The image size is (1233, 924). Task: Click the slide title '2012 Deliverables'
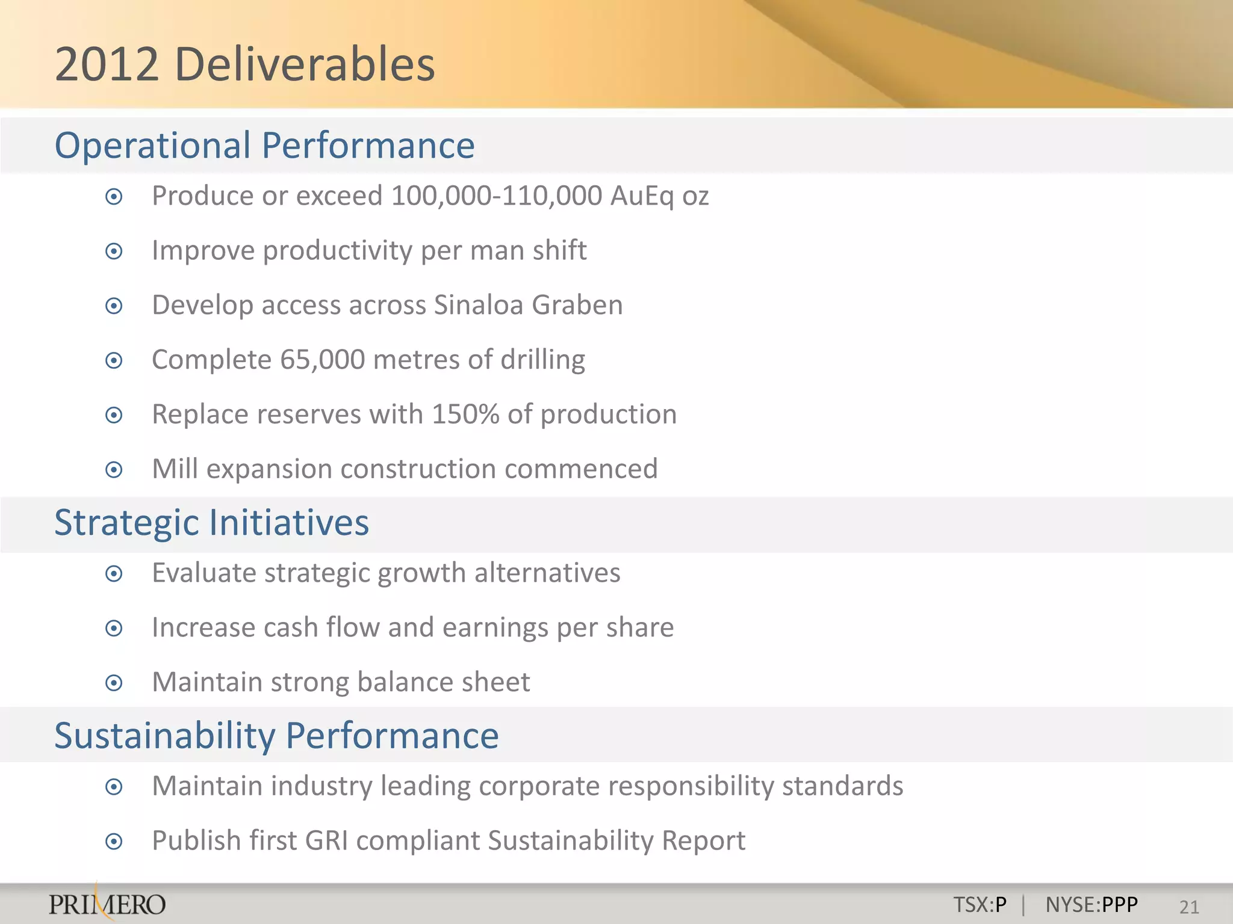tap(244, 64)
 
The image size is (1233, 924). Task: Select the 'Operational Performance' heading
tap(264, 146)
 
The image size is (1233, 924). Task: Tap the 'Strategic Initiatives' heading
tap(211, 522)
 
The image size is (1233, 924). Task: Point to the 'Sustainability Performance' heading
tap(276, 735)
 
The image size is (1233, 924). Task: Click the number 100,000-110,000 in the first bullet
tap(497, 196)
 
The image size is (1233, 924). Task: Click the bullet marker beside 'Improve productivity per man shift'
tap(114, 251)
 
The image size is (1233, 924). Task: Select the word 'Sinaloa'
tap(478, 305)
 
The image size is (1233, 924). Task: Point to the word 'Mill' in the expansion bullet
tap(175, 469)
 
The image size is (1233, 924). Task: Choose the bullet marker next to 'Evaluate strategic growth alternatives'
tap(114, 574)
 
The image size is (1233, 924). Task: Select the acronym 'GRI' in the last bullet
tap(327, 841)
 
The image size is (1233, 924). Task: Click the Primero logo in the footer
tap(107, 904)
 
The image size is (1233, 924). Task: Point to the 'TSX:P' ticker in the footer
tap(980, 905)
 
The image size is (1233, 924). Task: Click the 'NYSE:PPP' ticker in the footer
tap(1092, 905)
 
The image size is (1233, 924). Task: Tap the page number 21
tap(1189, 907)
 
